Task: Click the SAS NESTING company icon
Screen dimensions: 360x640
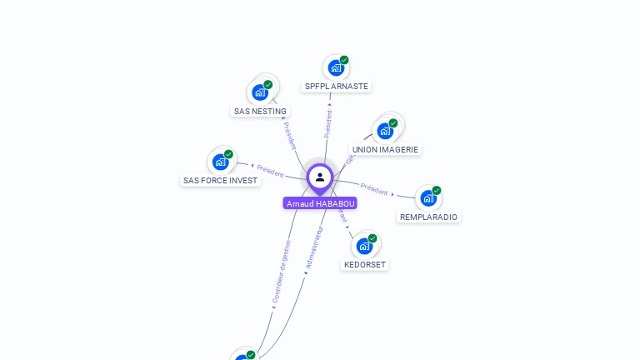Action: point(260,92)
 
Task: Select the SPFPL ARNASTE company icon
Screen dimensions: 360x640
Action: point(335,67)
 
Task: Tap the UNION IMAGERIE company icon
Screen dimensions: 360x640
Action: point(385,131)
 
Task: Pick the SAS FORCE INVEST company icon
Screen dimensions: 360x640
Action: point(221,162)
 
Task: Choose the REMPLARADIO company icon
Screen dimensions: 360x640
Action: point(428,198)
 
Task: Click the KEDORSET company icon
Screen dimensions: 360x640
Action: point(365,246)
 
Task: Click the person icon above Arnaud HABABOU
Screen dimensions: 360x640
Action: point(320,177)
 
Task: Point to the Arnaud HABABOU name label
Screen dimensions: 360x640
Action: point(320,203)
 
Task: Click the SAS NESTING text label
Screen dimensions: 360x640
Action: point(260,111)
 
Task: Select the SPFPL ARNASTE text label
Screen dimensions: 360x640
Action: point(337,86)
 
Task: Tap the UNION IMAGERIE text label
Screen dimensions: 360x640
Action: point(385,149)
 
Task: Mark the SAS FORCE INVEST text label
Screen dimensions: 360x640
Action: point(221,180)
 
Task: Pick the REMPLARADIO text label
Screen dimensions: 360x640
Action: point(428,217)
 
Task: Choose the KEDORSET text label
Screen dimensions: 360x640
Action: point(365,264)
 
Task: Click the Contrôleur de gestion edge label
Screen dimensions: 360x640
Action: point(282,272)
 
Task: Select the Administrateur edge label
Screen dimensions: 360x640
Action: point(313,247)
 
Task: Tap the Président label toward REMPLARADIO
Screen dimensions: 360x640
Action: point(374,188)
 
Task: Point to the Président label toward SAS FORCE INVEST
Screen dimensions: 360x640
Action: point(270,170)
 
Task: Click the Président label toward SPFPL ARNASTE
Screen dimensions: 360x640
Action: point(328,122)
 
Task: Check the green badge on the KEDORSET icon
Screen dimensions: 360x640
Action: point(372,238)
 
